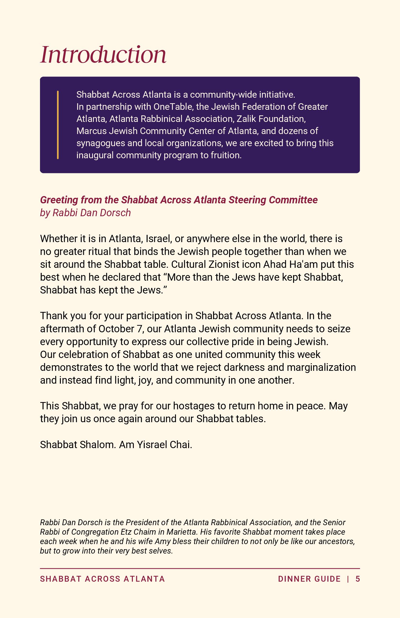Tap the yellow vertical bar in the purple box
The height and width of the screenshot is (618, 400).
point(58,125)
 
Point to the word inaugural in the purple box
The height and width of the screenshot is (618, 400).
point(95,155)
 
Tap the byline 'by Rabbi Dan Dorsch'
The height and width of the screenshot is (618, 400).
point(85,213)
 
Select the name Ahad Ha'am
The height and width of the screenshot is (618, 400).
point(290,264)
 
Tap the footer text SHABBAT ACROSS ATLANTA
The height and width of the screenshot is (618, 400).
point(102,579)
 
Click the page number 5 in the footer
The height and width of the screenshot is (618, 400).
point(358,579)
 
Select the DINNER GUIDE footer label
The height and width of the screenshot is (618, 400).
point(309,579)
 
